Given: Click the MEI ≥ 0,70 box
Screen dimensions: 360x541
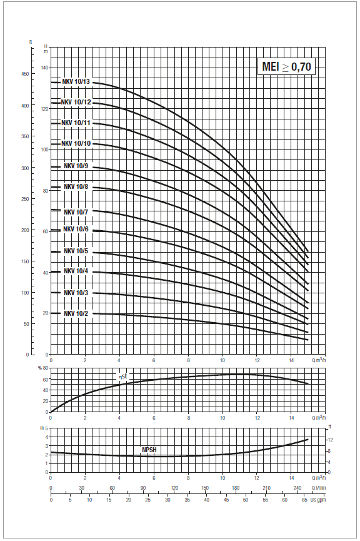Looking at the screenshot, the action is click(286, 66).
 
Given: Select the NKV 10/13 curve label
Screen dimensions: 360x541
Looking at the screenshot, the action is click(76, 82).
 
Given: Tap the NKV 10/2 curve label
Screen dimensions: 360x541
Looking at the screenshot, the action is click(76, 313).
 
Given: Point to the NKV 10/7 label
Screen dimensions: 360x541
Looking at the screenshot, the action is click(76, 212).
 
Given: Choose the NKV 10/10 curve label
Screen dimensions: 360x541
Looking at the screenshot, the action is click(76, 143).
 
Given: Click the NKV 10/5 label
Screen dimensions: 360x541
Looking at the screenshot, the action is click(76, 251).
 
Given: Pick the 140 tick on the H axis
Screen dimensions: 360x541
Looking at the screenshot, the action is click(45, 68).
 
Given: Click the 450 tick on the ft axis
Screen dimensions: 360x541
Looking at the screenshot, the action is click(25, 74).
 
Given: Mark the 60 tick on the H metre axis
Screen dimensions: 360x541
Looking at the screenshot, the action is click(46, 231).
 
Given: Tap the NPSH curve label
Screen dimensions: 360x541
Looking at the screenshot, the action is click(149, 450).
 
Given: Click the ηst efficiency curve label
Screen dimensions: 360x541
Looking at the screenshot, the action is click(123, 377).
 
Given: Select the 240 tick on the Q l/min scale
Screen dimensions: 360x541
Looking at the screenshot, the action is click(297, 488).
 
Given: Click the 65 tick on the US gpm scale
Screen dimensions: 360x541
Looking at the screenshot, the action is click(305, 500).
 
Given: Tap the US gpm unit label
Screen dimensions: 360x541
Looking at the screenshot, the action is click(318, 500).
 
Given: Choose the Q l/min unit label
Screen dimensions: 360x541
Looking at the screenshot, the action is click(319, 488).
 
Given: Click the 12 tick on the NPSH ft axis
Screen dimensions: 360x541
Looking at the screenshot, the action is click(330, 440).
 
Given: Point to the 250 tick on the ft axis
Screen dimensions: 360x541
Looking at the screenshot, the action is click(25, 199).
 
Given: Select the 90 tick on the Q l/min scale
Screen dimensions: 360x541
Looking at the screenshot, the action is click(143, 488).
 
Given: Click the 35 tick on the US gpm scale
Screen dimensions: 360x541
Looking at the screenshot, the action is click(187, 500).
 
